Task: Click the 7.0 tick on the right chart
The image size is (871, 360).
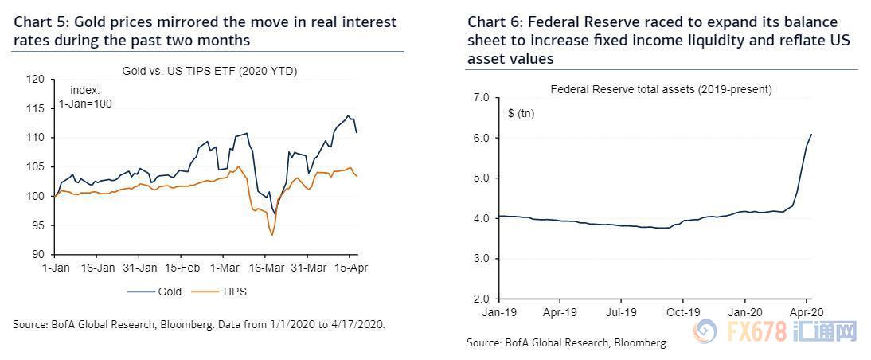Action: (x=480, y=97)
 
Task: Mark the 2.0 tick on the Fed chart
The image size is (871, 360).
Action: (x=480, y=299)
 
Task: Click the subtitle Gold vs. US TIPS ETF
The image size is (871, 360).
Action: (x=209, y=71)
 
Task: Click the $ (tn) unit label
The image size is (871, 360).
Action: (x=521, y=114)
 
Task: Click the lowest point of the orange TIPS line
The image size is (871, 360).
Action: (x=272, y=235)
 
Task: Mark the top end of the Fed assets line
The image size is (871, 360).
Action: (x=811, y=134)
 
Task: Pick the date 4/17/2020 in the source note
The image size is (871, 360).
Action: (x=356, y=325)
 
